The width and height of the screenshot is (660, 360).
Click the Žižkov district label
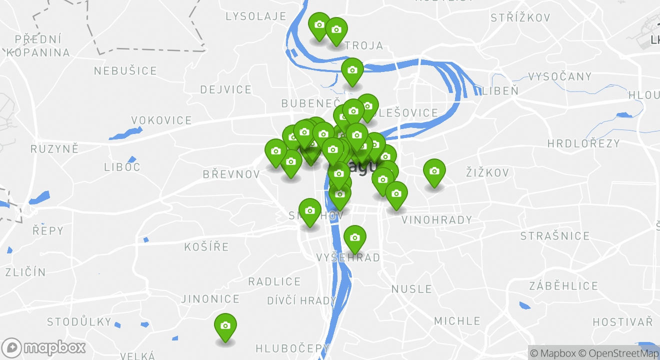click(487, 173)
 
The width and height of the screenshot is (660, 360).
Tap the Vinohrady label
click(436, 220)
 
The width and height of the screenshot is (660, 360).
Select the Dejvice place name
click(226, 90)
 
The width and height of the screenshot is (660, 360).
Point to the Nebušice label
click(125, 71)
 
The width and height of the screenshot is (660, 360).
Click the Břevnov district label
click(231, 174)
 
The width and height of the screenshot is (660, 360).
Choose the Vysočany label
click(560, 77)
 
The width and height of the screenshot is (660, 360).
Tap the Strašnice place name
click(555, 236)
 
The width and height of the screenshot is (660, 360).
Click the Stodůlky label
click(79, 321)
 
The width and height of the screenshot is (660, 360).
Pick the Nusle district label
click(411, 289)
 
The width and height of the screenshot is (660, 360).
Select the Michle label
click(457, 321)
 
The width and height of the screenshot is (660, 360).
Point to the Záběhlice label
click(563, 286)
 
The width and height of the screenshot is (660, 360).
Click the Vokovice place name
click(161, 120)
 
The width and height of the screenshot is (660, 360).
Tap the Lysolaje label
click(256, 16)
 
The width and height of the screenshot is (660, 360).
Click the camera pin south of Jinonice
click(225, 326)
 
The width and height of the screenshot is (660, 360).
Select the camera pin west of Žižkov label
click(434, 172)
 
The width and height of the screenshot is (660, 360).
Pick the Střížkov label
click(520, 18)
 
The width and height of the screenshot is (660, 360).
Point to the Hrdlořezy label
click(583, 144)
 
